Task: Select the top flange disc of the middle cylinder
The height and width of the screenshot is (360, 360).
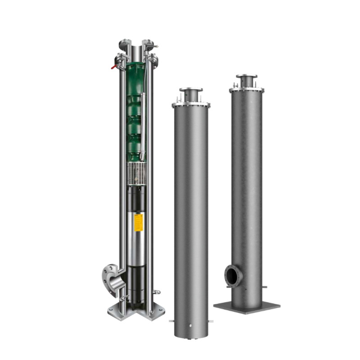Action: pos(191,90)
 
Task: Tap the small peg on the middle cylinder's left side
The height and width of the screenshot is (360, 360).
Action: pos(172,321)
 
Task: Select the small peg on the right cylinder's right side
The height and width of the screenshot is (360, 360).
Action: pos(265,286)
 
